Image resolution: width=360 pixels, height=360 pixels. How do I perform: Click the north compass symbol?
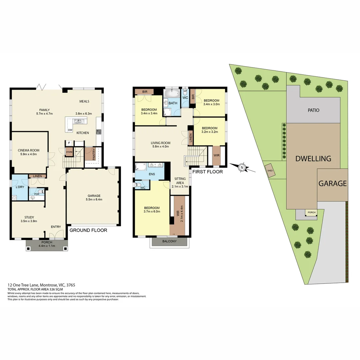(242, 167)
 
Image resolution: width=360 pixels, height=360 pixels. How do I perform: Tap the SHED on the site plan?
(270, 170)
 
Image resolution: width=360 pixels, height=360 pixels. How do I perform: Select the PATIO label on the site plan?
(313, 110)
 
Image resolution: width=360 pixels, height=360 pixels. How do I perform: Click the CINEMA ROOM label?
(27, 150)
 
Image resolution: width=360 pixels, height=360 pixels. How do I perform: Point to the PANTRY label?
(94, 154)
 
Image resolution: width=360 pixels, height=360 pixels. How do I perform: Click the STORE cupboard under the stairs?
(69, 152)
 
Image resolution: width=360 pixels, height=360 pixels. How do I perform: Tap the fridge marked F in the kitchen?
(69, 143)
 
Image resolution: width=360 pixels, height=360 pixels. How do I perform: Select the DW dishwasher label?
(70, 130)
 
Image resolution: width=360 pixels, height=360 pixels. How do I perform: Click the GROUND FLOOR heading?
(88, 230)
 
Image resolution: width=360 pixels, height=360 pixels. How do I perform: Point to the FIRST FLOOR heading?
(207, 172)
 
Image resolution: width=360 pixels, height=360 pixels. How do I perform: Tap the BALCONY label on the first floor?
(169, 241)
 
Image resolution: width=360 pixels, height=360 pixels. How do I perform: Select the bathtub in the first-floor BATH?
(172, 93)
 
